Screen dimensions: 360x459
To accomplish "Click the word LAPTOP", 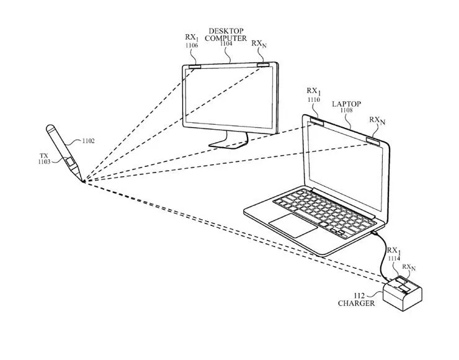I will (346, 104).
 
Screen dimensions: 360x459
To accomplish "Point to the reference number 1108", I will (346, 111).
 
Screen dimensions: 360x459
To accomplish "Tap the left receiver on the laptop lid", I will (316, 120).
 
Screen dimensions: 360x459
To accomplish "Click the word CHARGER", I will (356, 304).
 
